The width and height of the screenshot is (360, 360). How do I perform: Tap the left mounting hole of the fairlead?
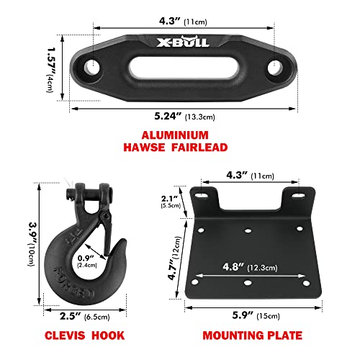point(92,67)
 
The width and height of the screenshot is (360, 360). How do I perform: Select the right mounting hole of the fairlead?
point(275,68)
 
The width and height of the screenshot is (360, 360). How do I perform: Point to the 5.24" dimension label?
point(168,116)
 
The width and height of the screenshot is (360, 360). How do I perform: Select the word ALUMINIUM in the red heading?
point(175,135)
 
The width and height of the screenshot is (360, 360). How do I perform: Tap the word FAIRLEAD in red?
point(199,147)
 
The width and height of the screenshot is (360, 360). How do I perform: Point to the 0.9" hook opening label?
point(86,258)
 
